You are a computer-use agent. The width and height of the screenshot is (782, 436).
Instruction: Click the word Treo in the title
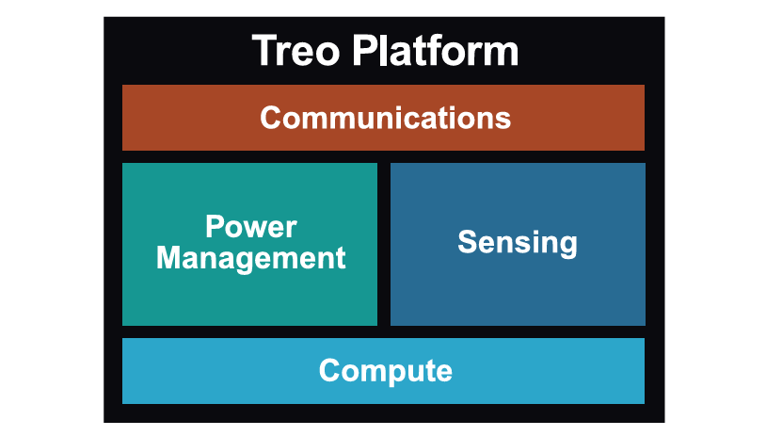(295, 50)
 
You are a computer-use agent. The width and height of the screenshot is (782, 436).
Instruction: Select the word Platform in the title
(438, 50)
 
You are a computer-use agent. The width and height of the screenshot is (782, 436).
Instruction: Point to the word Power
(250, 227)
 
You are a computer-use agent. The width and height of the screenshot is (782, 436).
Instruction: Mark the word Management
(250, 257)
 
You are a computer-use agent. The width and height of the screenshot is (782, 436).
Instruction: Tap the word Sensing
(517, 242)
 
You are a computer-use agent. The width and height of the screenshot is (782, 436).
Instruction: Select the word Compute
(385, 370)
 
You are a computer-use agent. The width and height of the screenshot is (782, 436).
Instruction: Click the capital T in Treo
(264, 50)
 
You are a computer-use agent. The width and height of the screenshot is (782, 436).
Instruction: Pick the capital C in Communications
(271, 118)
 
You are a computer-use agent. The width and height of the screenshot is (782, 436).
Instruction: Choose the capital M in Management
(170, 257)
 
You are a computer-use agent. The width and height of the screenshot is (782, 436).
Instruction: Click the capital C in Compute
(329, 370)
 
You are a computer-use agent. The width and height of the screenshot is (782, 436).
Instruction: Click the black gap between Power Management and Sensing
(384, 244)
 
